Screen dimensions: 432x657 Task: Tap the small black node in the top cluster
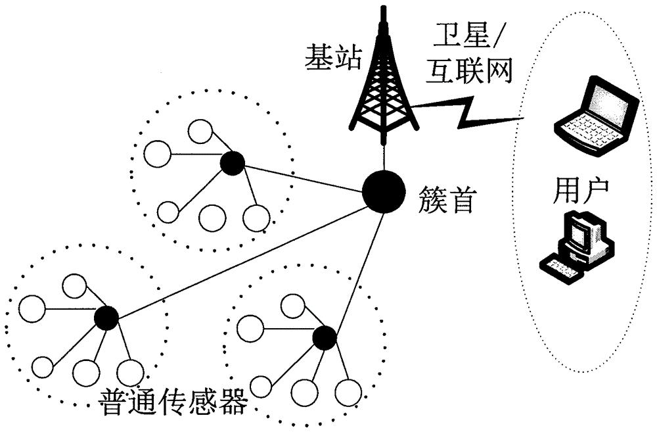(x=232, y=163)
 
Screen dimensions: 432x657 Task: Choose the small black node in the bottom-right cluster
(x=324, y=337)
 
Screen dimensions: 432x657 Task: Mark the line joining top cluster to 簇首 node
(x=302, y=177)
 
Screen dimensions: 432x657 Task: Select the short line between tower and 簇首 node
(x=383, y=158)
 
